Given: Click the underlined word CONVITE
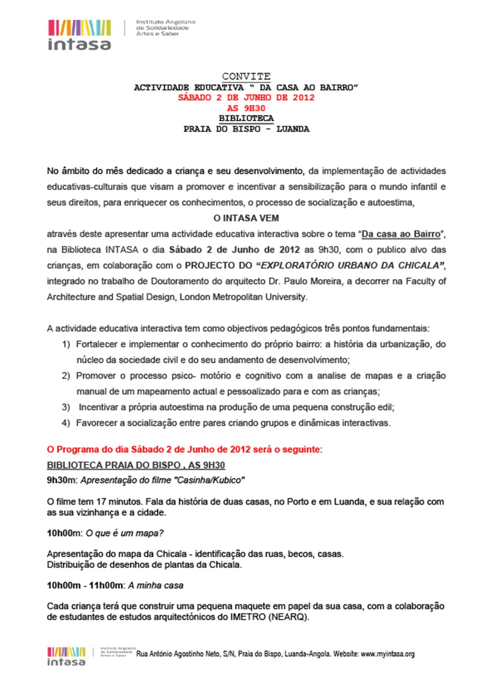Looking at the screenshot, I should tap(246, 76).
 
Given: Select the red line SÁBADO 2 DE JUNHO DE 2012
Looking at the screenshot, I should tap(246, 97).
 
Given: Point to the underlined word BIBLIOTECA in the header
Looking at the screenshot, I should tap(246, 118).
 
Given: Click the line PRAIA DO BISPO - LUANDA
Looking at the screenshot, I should tap(246, 129).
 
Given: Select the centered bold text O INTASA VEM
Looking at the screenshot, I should tap(246, 218).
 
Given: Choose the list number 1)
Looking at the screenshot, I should tap(66, 345).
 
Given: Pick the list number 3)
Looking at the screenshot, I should tap(66, 407).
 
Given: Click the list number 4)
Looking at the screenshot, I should tap(66, 423).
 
